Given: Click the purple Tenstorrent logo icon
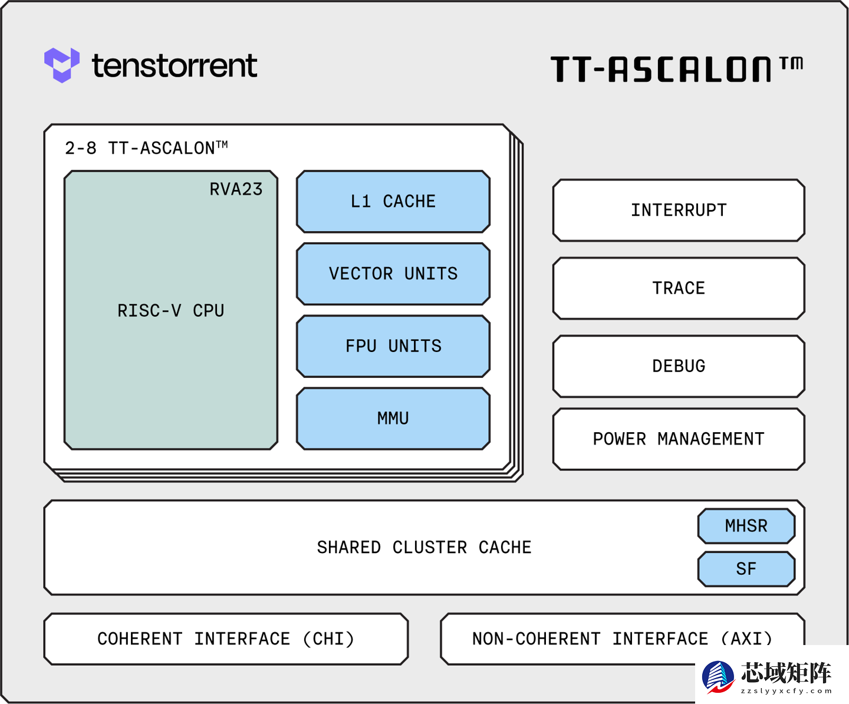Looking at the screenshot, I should click(x=61, y=65).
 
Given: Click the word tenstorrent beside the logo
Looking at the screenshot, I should click(x=175, y=65).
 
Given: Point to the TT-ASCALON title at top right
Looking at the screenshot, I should click(x=676, y=69).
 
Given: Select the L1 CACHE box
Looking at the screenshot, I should click(x=393, y=202).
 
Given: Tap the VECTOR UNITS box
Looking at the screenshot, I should click(x=393, y=274).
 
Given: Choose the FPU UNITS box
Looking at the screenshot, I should click(x=393, y=346).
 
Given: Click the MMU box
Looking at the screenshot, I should click(x=393, y=419).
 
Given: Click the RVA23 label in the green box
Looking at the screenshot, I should click(x=236, y=189).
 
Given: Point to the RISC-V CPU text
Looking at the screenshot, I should click(x=170, y=311).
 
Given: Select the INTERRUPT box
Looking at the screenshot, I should click(x=679, y=210).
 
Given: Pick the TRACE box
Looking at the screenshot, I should click(x=679, y=288).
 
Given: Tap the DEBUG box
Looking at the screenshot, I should click(x=679, y=366).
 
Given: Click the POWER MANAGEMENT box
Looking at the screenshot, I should click(x=679, y=439).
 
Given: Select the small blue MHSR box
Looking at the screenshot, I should click(x=746, y=526).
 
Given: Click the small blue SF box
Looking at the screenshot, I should click(x=746, y=569).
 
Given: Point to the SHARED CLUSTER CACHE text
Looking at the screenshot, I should click(x=424, y=548).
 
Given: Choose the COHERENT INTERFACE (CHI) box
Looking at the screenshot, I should click(x=226, y=639).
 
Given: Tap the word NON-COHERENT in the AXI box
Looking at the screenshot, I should click(x=536, y=639).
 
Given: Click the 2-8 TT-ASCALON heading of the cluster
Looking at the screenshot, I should click(x=146, y=148).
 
